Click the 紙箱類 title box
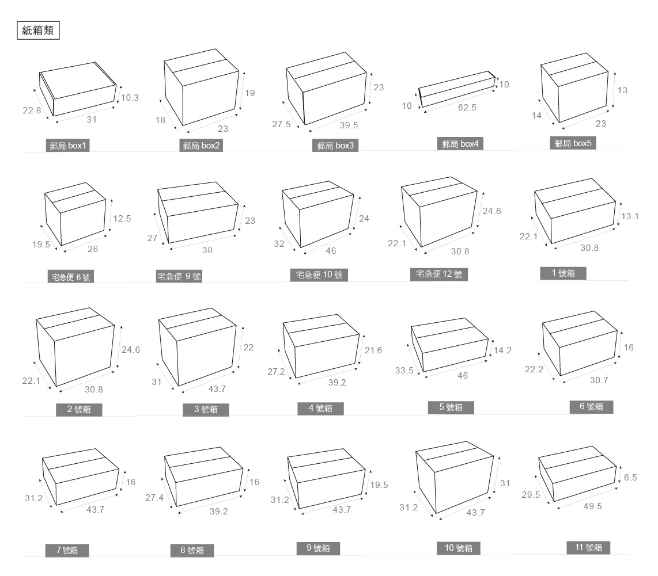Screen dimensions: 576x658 (38, 31)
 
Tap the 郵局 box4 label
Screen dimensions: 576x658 (460, 144)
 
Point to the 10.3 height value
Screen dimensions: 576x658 (130, 98)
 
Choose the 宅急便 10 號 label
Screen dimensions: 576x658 (319, 275)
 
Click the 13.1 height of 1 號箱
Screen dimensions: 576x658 (629, 216)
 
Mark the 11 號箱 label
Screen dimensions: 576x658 (588, 547)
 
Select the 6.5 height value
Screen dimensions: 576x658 (630, 477)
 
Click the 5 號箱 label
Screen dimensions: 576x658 (451, 407)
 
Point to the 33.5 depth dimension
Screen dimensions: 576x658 (404, 371)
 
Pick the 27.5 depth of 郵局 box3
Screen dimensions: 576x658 (282, 124)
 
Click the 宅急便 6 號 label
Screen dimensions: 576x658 (71, 277)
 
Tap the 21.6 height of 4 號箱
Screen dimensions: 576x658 (373, 350)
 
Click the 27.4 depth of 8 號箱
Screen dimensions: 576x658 (154, 497)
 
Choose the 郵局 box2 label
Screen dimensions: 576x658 (202, 146)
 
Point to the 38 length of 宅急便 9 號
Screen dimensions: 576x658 (207, 250)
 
